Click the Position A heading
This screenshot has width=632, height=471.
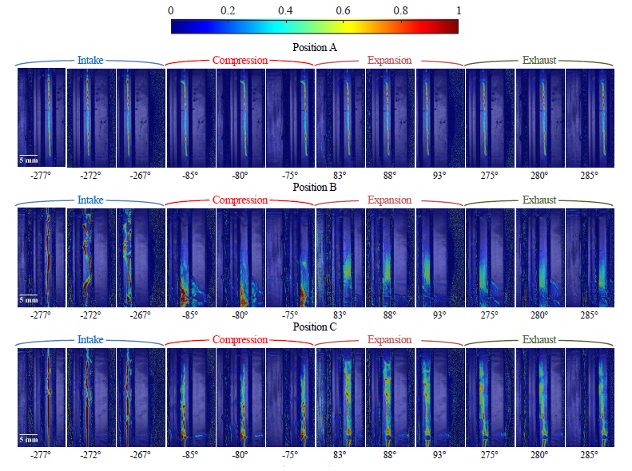[x=315, y=47]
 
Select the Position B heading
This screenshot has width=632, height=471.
[x=315, y=188]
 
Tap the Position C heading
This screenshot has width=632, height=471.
[x=315, y=327]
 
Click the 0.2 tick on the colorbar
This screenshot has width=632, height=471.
[x=229, y=10]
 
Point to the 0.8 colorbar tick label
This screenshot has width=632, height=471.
[x=400, y=10]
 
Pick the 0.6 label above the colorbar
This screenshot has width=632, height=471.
[x=343, y=10]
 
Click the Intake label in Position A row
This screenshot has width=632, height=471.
[x=90, y=60]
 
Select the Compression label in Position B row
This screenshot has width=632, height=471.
[x=240, y=200]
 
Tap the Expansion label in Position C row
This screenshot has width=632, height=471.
[x=389, y=339]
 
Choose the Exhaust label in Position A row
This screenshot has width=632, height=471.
[x=539, y=60]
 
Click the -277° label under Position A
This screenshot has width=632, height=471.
[x=41, y=176]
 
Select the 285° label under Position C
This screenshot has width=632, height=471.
[x=589, y=455]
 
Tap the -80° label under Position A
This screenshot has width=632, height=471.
[x=240, y=176]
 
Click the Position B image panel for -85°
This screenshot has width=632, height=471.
[x=191, y=258]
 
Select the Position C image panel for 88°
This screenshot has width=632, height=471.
[x=390, y=397]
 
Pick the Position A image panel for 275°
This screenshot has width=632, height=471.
[x=490, y=118]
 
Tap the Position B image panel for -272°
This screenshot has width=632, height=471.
[x=91, y=258]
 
